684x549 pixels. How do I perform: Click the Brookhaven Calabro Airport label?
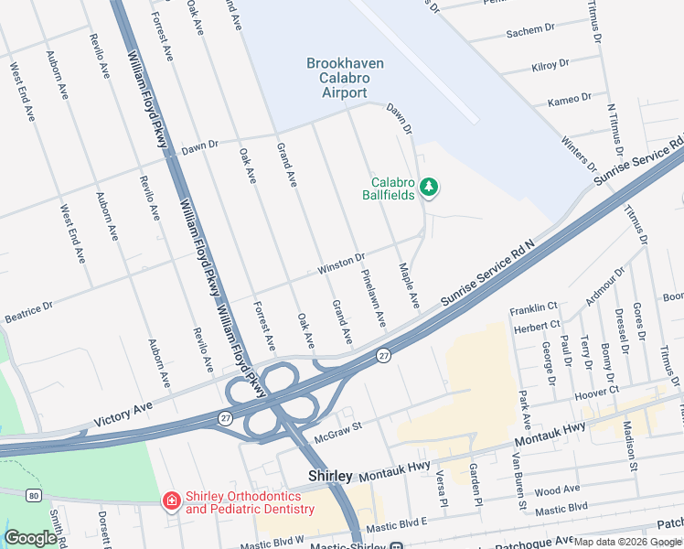[x=345, y=78]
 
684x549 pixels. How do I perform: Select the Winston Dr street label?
[x=341, y=263]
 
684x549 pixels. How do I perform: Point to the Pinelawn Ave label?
[x=373, y=299]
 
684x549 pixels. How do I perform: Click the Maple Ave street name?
[x=408, y=285]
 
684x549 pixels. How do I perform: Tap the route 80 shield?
[x=33, y=495]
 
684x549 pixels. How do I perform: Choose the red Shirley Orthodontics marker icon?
[x=170, y=501]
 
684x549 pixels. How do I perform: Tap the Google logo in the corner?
[x=30, y=538]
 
